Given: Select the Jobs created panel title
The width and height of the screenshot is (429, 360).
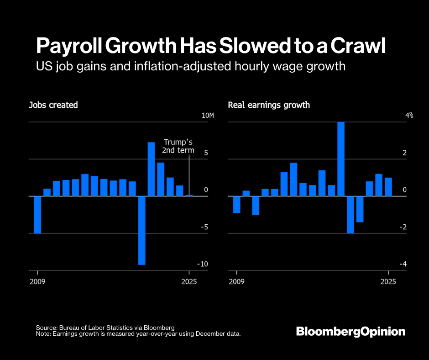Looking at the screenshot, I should click(53, 105).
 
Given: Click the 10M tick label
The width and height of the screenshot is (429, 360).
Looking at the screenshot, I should click(208, 116).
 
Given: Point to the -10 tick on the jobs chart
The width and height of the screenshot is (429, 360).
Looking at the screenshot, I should click(203, 264).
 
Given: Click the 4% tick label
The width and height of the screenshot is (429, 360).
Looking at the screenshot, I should click(409, 116).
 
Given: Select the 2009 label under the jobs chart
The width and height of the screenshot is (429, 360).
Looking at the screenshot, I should click(37, 281).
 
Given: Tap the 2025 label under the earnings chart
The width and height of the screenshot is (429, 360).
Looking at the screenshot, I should click(388, 281).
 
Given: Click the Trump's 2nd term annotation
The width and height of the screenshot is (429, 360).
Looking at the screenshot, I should click(178, 146).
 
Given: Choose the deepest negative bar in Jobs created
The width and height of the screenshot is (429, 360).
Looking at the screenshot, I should click(142, 230).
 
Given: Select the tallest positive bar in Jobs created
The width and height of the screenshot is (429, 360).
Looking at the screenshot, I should click(152, 169).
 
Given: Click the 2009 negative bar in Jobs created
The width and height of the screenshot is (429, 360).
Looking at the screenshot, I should click(37, 215).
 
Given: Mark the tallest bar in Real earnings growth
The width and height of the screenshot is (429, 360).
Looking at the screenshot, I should click(341, 159).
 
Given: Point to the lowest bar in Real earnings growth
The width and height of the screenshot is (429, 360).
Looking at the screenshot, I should click(351, 215).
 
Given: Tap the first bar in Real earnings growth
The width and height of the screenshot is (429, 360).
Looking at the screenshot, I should click(236, 204).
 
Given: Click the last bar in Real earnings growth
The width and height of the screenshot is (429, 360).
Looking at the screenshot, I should click(388, 187).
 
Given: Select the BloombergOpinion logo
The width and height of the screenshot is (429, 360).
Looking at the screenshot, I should click(351, 331).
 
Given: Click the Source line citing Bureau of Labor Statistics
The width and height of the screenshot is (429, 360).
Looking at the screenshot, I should click(105, 328).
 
